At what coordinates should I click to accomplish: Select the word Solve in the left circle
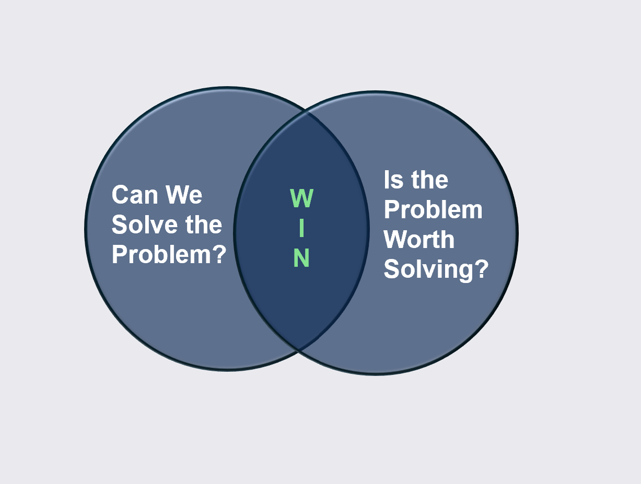pyautogui.click(x=138, y=225)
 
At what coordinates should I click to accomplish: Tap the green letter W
pyautogui.click(x=302, y=198)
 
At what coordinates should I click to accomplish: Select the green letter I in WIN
pyautogui.click(x=302, y=228)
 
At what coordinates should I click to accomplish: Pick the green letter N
pyautogui.click(x=302, y=258)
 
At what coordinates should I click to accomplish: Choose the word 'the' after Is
pyautogui.click(x=429, y=180)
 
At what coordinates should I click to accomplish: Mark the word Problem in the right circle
pyautogui.click(x=433, y=210)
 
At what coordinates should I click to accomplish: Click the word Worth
pyautogui.click(x=419, y=240)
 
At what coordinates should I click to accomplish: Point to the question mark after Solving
pyautogui.click(x=481, y=269)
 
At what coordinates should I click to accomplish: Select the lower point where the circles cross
pyautogui.click(x=299, y=349)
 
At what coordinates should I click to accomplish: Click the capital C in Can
pyautogui.click(x=120, y=195)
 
